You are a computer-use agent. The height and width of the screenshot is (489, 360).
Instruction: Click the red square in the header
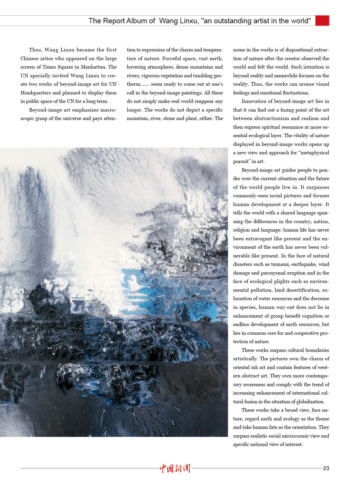(x=322, y=21)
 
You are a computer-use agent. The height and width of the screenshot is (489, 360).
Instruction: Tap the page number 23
(x=326, y=468)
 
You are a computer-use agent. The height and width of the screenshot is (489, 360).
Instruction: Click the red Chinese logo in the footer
(x=175, y=468)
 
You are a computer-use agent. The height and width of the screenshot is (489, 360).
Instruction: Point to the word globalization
(x=310, y=402)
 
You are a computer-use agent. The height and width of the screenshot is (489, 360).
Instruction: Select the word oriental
(x=242, y=367)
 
